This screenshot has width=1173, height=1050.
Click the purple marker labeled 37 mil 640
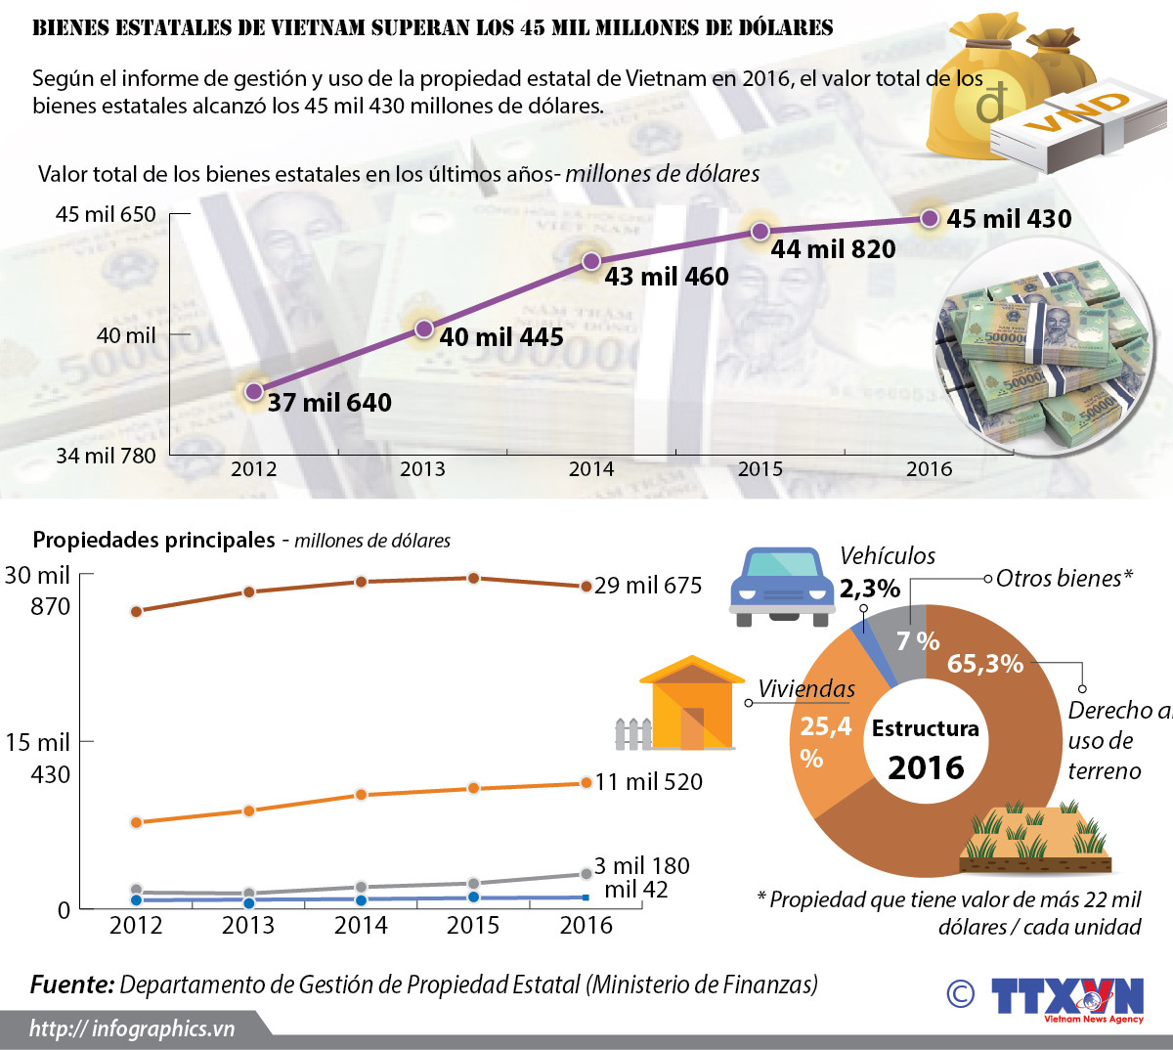click(254, 391)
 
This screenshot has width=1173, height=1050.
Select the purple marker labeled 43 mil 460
click(591, 261)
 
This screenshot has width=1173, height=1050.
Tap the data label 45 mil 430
click(1009, 219)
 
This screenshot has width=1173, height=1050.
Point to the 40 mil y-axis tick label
click(126, 335)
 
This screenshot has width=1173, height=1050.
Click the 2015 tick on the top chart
click(760, 469)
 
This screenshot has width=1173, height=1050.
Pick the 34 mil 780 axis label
click(106, 456)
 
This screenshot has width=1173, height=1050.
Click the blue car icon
click(782, 585)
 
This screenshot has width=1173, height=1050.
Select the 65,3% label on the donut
click(984, 664)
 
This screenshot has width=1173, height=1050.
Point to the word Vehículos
click(888, 556)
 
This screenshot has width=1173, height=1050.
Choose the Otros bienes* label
click(1064, 579)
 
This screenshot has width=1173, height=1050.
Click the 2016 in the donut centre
click(926, 767)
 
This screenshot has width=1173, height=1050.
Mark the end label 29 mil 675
click(648, 586)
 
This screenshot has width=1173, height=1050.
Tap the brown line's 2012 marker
click(136, 612)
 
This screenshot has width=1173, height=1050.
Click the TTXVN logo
click(1066, 998)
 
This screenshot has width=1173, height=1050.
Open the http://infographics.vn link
click(132, 1028)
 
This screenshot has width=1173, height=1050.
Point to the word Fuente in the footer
click(71, 984)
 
